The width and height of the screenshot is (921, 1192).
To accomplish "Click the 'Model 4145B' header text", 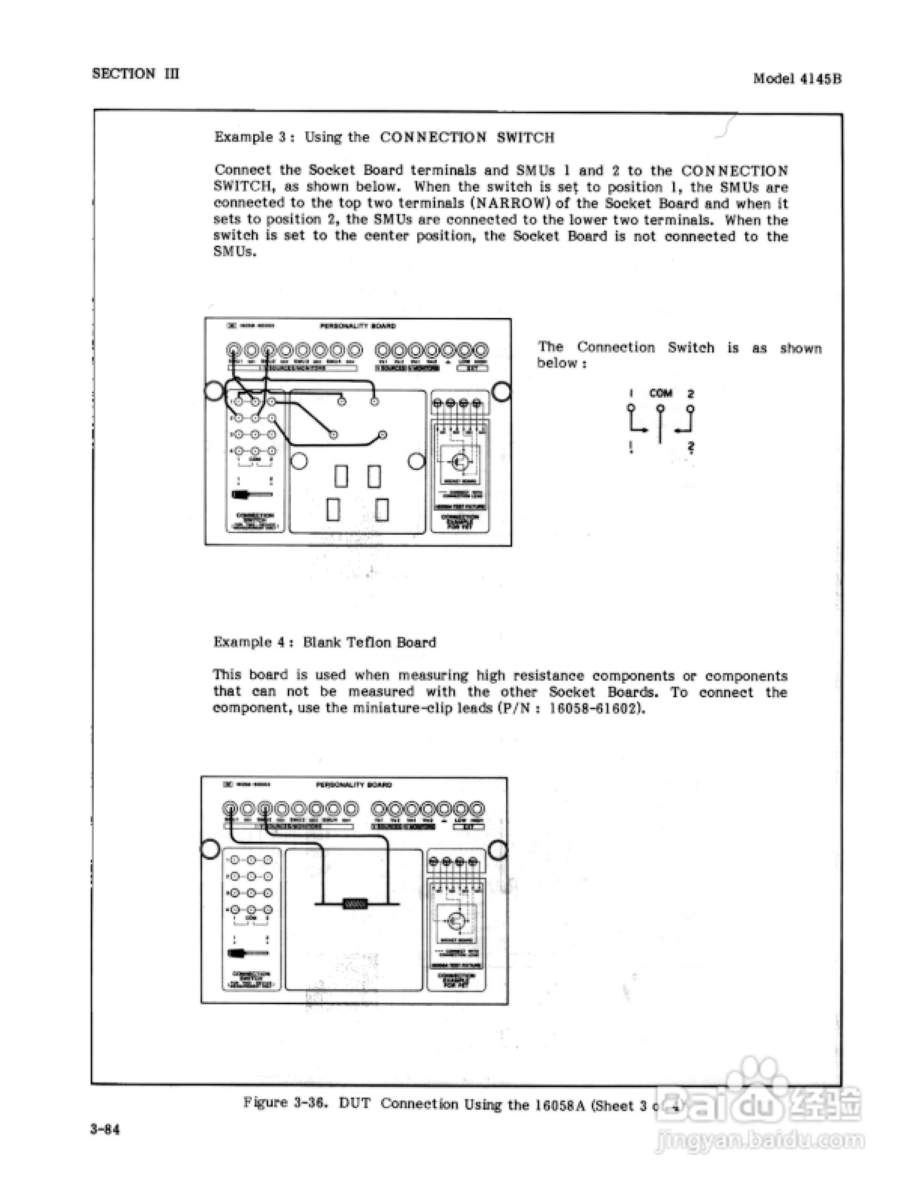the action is [x=797, y=79].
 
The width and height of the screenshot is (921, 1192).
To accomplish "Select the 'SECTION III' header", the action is [x=135, y=74].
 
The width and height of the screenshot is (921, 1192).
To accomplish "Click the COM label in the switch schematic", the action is [x=660, y=394].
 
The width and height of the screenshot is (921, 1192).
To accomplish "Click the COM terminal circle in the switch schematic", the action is [x=660, y=408].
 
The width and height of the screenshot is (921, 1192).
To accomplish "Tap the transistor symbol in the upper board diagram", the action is [x=457, y=462].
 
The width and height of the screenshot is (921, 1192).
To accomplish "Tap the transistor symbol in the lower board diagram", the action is [x=454, y=921].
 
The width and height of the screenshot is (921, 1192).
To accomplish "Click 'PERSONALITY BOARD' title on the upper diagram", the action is [x=357, y=326].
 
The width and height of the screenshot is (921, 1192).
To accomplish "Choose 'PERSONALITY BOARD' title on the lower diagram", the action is [x=354, y=785].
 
